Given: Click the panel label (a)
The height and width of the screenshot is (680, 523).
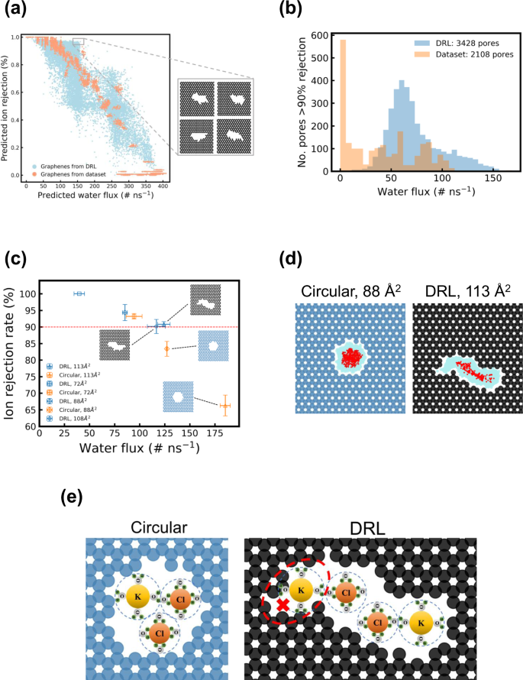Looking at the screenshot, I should [17, 11].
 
